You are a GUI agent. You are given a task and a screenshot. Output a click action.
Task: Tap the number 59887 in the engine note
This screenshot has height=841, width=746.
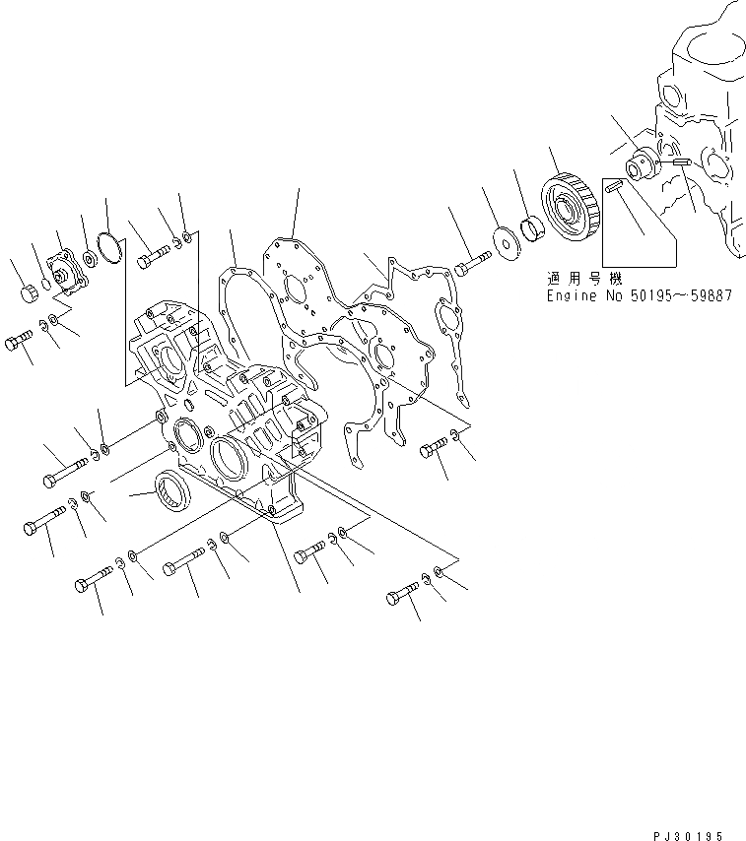(x=710, y=294)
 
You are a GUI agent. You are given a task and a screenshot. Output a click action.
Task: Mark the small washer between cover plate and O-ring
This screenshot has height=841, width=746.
(x=90, y=259)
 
